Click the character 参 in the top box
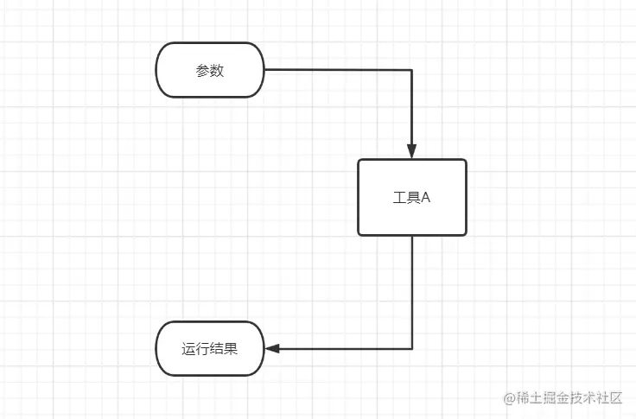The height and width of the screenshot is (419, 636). (203, 71)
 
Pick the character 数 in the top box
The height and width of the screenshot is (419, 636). (217, 71)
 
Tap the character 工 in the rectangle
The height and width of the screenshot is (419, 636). (398, 198)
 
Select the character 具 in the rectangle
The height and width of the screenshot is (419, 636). (412, 198)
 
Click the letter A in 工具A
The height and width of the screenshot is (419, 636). (425, 198)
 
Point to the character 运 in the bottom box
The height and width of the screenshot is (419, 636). (188, 350)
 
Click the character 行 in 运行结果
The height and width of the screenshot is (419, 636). (202, 350)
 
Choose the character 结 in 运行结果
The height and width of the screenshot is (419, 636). (216, 350)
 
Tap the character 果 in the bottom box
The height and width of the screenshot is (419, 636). (231, 350)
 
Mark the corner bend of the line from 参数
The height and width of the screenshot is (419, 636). (412, 70)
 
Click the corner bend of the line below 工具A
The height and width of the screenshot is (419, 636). (412, 349)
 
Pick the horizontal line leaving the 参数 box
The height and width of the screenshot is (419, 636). (337, 70)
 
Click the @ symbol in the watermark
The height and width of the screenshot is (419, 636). (510, 398)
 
